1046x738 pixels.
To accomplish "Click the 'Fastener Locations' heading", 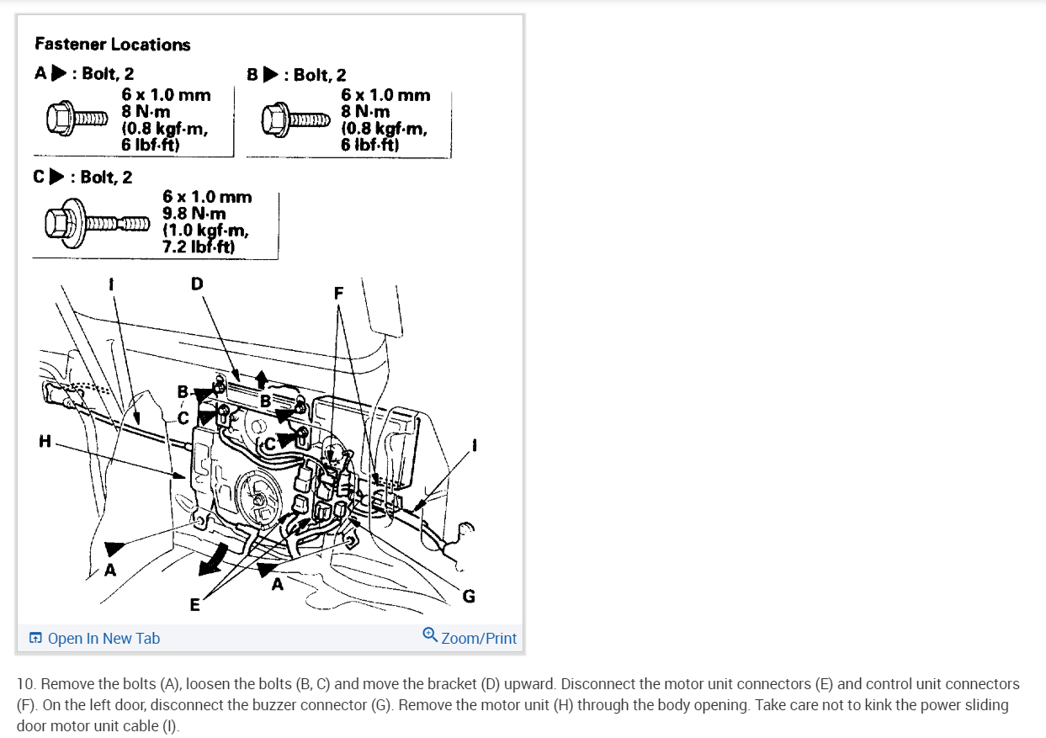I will [x=113, y=45].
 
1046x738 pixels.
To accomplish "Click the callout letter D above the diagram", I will [x=197, y=284].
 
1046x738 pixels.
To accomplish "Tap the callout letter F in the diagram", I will [x=338, y=294].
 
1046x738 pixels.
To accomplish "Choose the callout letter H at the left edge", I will [x=44, y=441].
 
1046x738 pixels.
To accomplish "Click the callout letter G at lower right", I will [x=469, y=597].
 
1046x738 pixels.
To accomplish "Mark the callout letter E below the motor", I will [x=195, y=604].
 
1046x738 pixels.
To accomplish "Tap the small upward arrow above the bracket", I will [x=262, y=377].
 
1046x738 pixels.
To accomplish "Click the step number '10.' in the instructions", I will [x=27, y=684].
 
